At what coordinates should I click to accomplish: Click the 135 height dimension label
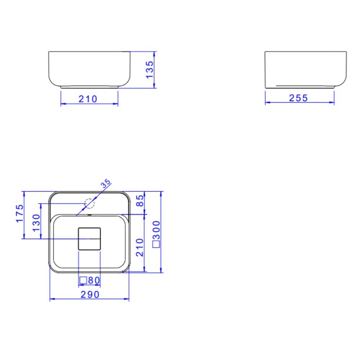150,69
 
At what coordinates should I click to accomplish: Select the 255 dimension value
298,98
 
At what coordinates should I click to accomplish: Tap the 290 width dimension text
89,294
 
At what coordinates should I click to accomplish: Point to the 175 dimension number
19,214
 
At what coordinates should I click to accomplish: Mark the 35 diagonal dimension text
105,184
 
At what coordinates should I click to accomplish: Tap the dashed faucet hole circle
89,204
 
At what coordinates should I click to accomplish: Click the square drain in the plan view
89,238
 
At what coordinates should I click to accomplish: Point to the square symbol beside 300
156,244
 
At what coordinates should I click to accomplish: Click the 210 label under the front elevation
88,99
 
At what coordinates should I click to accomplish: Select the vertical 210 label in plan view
140,247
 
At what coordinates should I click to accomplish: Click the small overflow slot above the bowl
89,215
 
